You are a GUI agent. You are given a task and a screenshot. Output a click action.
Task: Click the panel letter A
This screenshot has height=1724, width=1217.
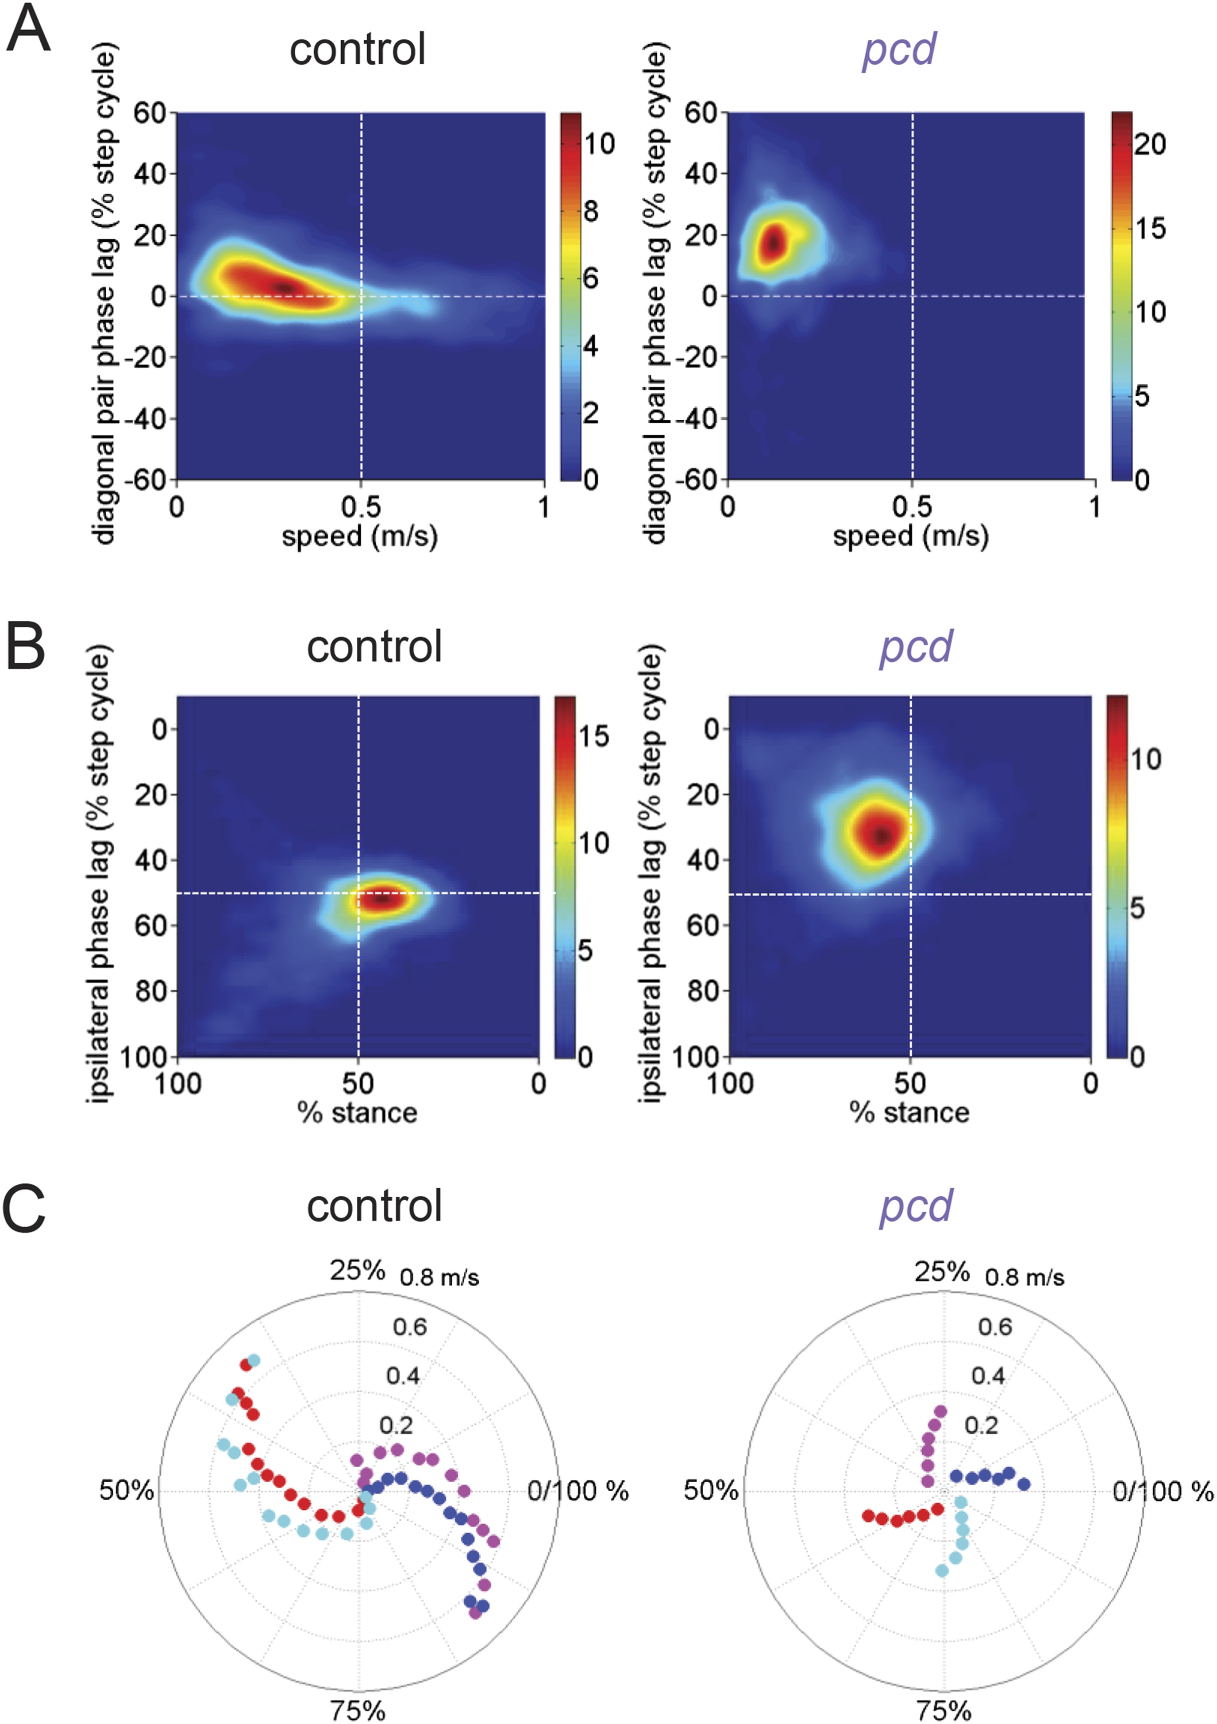tap(28, 30)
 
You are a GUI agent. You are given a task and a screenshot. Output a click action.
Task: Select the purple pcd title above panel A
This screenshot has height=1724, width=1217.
tap(899, 50)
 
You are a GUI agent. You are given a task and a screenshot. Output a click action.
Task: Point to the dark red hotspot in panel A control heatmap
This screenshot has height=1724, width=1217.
tap(284, 288)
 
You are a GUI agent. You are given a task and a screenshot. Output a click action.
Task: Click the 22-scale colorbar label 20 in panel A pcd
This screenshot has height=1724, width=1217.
tap(1149, 144)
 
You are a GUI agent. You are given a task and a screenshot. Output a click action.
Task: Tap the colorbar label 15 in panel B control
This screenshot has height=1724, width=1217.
tap(593, 736)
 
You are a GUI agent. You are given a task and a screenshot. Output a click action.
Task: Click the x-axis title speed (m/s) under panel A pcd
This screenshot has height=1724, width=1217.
tap(911, 536)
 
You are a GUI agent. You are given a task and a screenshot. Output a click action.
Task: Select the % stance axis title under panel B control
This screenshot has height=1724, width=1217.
tap(358, 1112)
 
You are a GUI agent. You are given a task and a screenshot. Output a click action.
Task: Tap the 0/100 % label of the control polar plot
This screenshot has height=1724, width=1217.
tap(578, 1491)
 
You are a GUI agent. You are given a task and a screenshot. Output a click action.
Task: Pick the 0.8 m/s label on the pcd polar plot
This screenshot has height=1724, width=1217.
tap(1024, 1277)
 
